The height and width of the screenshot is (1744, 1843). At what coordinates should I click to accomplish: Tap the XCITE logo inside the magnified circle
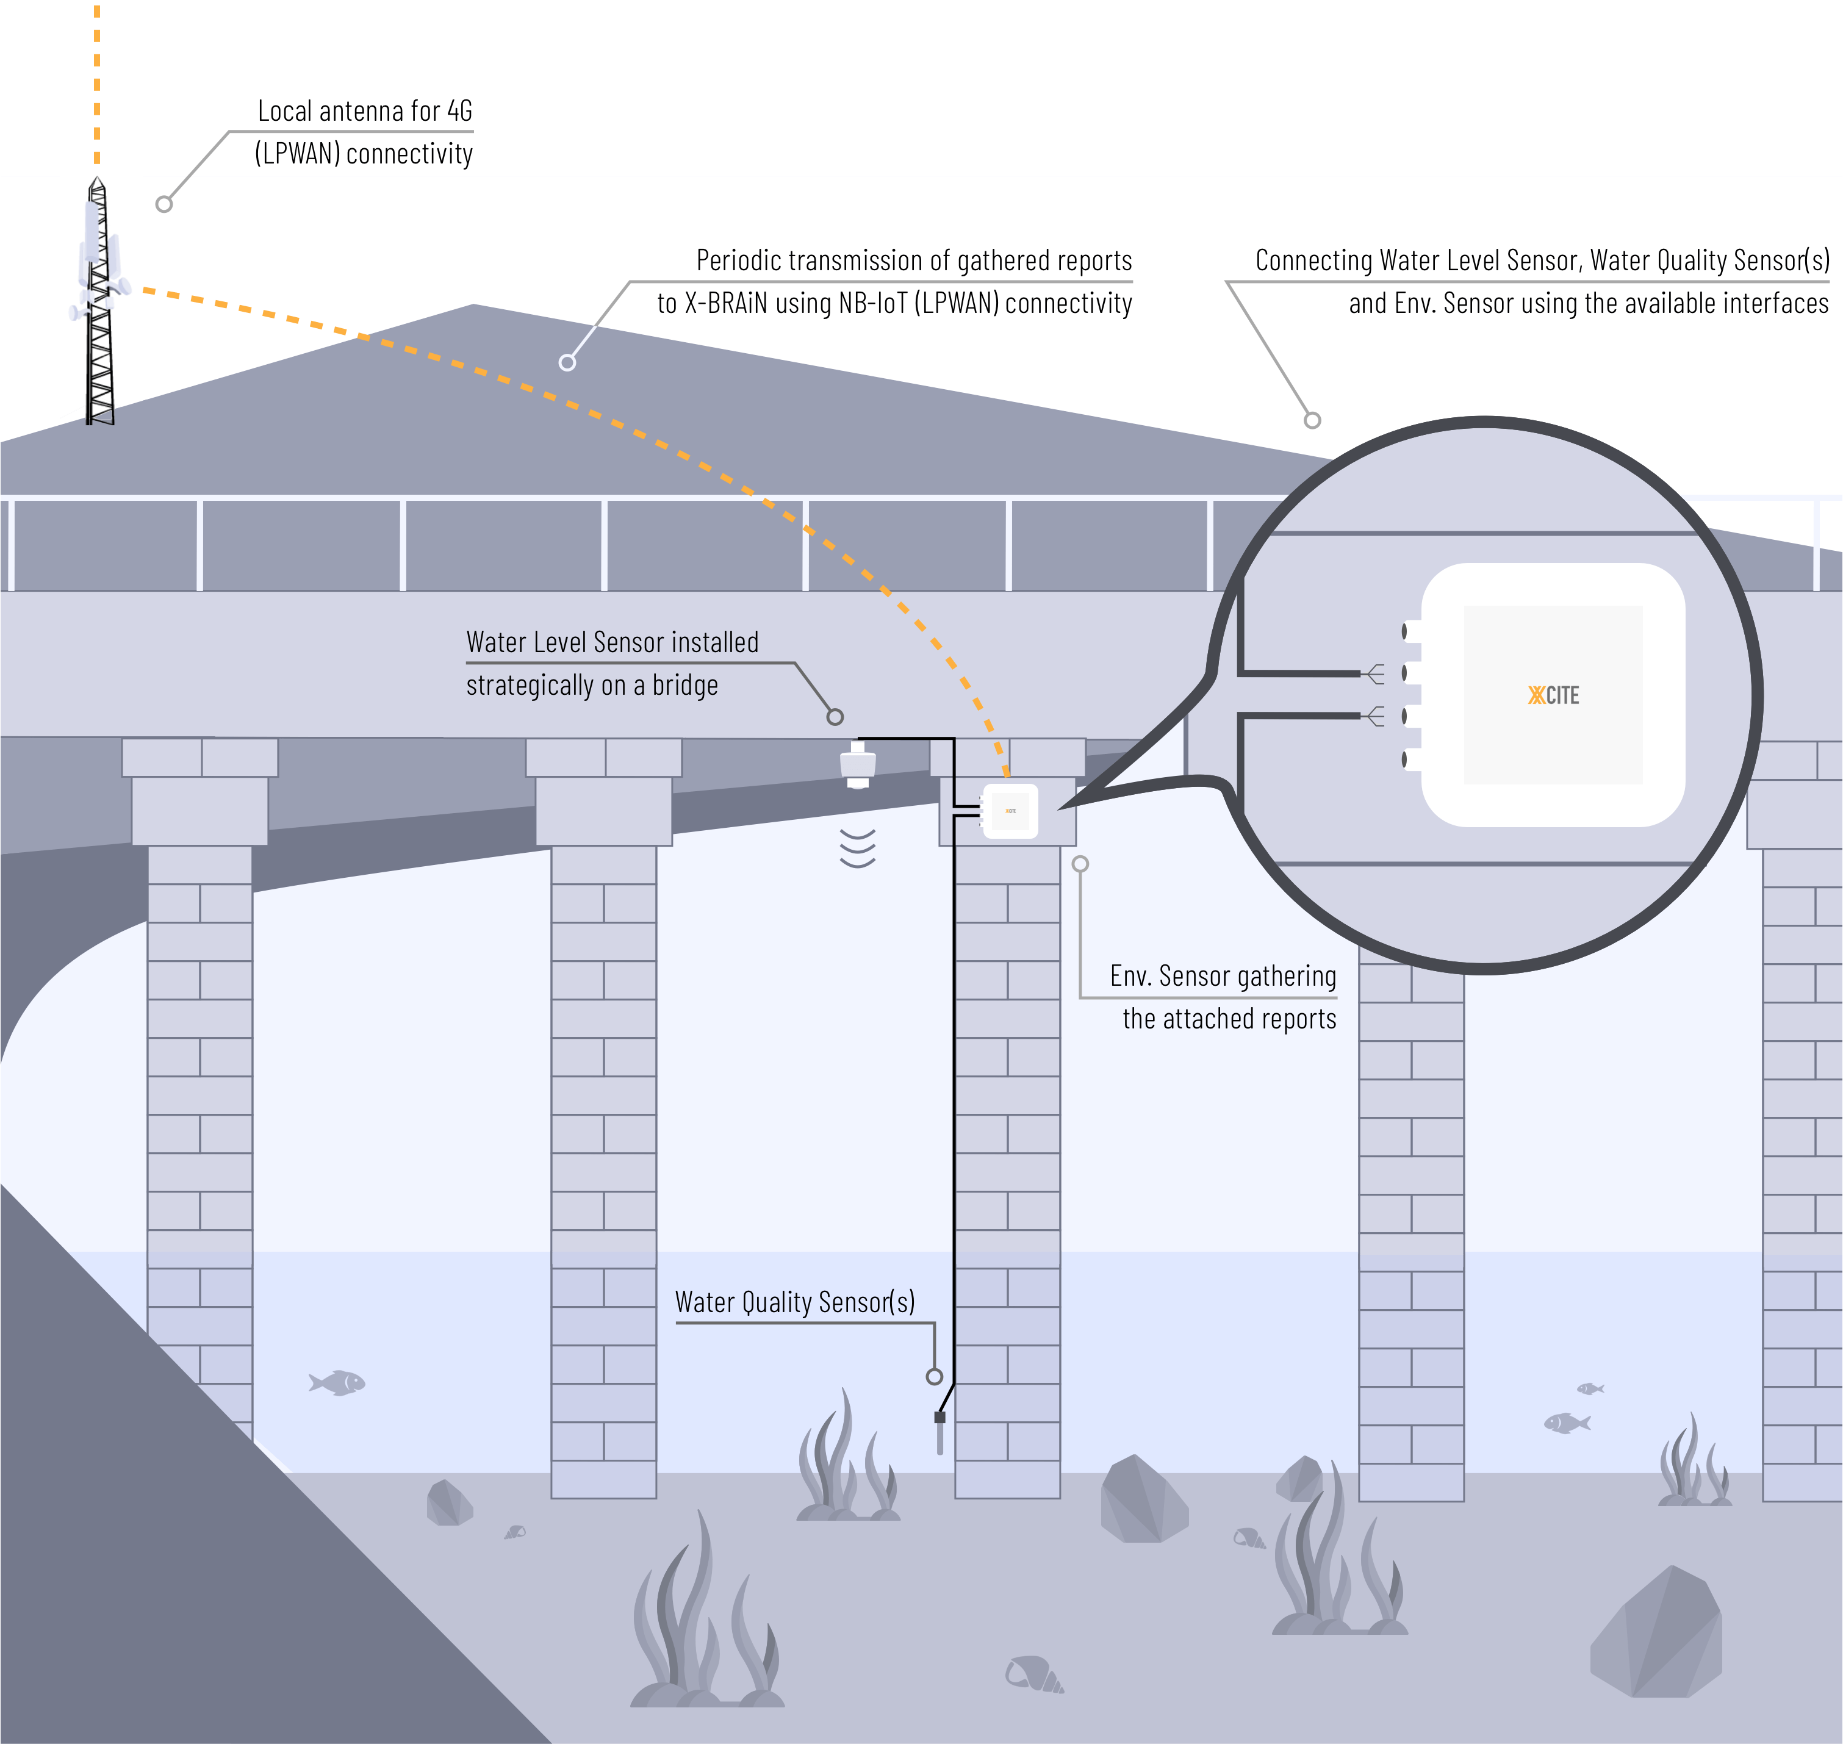(x=1553, y=695)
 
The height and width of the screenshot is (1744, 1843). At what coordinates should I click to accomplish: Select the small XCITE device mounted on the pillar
(x=1010, y=811)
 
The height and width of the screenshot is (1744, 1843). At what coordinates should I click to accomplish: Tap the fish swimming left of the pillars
(x=337, y=1382)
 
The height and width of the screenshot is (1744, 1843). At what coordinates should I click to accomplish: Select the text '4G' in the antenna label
(x=459, y=112)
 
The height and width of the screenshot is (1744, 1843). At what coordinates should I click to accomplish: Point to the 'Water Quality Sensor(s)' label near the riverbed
(x=795, y=1302)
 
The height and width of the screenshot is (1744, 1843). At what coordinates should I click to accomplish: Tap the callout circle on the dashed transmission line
(x=567, y=362)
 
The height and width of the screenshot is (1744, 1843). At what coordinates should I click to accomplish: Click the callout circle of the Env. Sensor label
(x=1080, y=864)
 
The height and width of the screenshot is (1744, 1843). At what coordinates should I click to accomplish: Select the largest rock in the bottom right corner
(x=1657, y=1634)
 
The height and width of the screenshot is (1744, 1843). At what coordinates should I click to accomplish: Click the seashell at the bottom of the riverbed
(x=1033, y=1674)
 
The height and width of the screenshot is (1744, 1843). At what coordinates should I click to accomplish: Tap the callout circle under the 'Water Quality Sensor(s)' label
(x=935, y=1377)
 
